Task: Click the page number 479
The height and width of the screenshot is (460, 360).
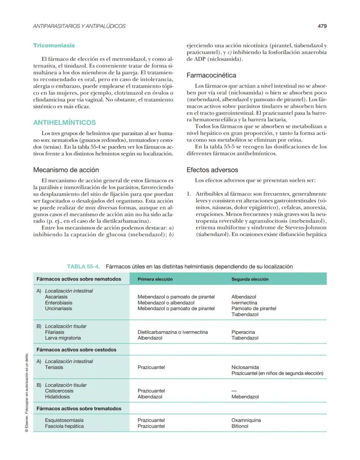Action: point(322,26)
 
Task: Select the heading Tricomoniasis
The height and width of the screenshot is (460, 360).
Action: point(54,45)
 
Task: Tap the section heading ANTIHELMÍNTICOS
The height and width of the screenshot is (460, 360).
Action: point(64,123)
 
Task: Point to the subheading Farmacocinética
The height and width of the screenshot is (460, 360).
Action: point(211,75)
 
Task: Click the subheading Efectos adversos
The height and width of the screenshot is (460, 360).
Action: point(212,170)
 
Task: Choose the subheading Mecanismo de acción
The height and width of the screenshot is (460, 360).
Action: point(66,170)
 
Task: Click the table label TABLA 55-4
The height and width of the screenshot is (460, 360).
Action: point(84,267)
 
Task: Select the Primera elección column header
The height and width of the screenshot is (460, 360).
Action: point(155,279)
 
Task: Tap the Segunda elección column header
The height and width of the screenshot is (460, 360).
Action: point(250,279)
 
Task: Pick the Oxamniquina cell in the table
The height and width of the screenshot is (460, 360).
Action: point(246,420)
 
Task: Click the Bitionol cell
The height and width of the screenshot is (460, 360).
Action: point(240,427)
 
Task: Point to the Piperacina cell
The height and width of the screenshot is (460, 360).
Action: point(243,332)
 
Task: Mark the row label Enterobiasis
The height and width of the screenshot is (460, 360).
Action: point(59,303)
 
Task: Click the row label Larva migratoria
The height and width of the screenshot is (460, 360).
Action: point(63,338)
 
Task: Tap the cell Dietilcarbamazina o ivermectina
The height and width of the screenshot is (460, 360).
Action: point(173,332)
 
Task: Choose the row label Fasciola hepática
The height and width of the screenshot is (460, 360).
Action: point(64,427)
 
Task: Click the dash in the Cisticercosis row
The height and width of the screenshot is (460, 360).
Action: point(234,391)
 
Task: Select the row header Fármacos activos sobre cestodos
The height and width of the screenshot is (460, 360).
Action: point(77,350)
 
